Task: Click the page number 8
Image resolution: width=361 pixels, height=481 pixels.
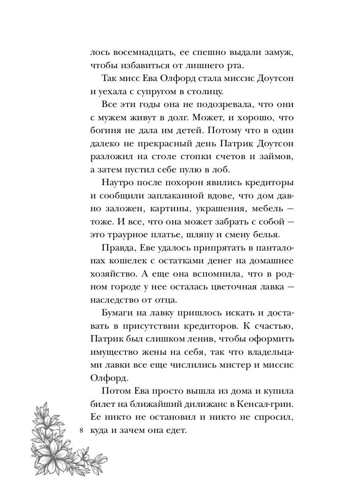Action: pos(81,431)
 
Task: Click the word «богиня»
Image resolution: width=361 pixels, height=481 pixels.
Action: pos(107,130)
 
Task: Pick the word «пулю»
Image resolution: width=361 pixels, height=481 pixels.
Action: pos(190,169)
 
